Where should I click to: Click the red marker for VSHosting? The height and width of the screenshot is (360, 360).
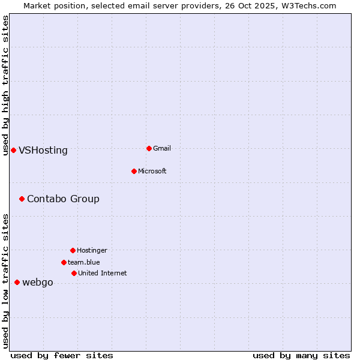(13, 150)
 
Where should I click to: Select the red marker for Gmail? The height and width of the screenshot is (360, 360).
(149, 148)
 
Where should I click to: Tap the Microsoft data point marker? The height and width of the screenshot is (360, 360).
(134, 171)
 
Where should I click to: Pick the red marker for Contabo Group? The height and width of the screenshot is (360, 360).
(22, 199)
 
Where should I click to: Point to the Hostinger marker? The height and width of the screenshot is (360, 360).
(73, 250)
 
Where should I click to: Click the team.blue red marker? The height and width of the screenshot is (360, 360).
(64, 262)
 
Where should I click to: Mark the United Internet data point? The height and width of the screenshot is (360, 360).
(74, 273)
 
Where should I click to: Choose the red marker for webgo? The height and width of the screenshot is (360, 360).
(17, 282)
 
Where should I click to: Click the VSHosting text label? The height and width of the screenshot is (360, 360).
(43, 151)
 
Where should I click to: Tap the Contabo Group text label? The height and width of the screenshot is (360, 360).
(63, 199)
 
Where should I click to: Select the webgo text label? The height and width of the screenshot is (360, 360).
(38, 283)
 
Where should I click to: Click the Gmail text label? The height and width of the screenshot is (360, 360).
(162, 149)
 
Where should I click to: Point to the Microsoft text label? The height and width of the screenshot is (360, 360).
(152, 172)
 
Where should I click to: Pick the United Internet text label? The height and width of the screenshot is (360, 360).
(103, 274)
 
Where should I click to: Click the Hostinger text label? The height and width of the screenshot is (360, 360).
(92, 251)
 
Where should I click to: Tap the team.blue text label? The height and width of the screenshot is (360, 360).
(84, 263)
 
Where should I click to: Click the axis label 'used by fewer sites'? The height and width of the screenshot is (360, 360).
(62, 356)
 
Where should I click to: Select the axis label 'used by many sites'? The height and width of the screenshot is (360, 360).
(301, 356)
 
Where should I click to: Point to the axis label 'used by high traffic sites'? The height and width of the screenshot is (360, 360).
(6, 85)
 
